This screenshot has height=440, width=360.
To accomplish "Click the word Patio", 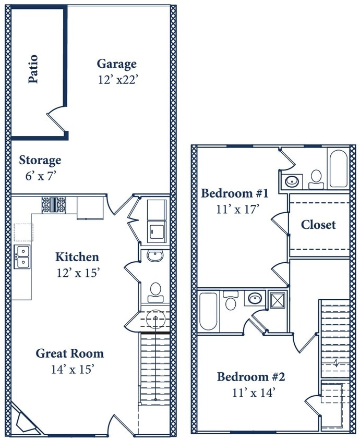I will point(33,69).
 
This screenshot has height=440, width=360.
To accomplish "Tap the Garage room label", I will point(117,64).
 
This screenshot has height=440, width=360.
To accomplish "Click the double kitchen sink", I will point(22,256).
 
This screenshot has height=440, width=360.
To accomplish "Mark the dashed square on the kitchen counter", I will point(23,232).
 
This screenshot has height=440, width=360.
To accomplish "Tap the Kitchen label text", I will point(77,257).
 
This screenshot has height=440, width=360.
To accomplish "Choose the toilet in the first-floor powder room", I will point(155,292).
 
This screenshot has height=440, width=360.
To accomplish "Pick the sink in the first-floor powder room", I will point(155,255).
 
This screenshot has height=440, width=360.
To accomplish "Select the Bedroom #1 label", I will point(235,194).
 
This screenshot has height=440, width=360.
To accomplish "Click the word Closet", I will point(318,225).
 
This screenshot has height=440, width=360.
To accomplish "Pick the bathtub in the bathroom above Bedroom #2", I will point(208,311).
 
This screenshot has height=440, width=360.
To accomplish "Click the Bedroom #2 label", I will point(251,377).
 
